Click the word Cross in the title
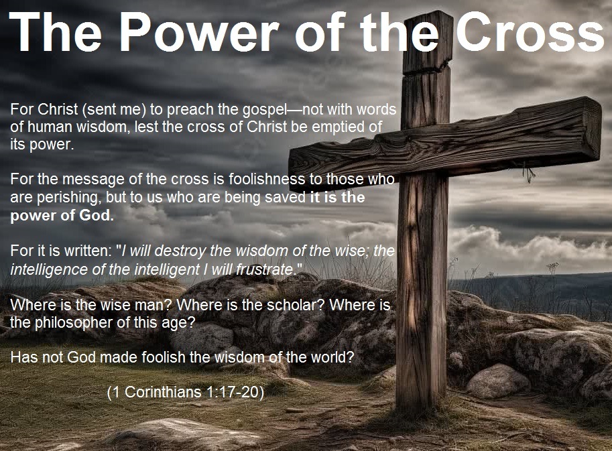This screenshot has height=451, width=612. point(530,31)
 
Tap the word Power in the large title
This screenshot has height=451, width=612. point(198,31)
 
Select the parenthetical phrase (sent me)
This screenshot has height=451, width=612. point(114,110)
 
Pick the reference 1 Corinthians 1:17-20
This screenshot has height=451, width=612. point(186,392)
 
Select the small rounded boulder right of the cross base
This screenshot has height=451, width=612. point(498,381)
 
